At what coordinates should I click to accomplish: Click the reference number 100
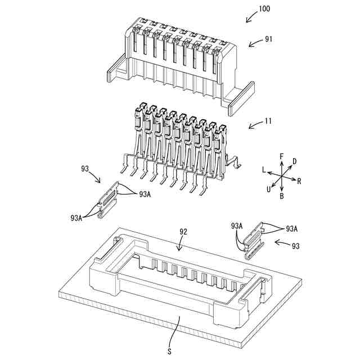(264, 9)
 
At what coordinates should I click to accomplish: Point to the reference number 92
(183, 231)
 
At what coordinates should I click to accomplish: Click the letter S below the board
(169, 350)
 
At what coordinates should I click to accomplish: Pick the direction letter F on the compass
(282, 155)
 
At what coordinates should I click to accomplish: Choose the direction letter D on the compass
(294, 161)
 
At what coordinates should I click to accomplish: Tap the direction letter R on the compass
(299, 181)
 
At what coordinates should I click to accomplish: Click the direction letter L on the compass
(263, 169)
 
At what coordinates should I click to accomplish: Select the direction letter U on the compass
(269, 189)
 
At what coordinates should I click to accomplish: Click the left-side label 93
(85, 169)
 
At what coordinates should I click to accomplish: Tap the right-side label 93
(295, 246)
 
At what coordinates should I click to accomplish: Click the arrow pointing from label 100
(250, 19)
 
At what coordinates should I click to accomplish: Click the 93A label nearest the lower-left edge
(77, 217)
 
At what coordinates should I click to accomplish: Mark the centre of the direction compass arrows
(282, 175)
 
